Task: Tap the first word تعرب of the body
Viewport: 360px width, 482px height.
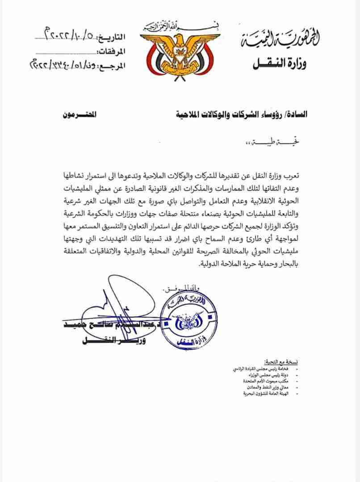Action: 293,173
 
